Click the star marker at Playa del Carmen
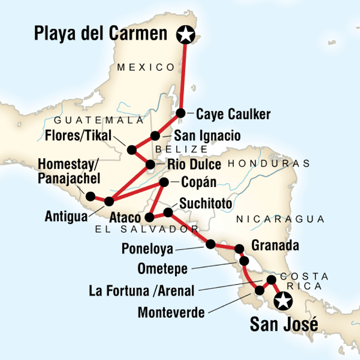(x=185, y=34)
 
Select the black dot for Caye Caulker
(x=180, y=113)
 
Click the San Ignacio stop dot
(x=155, y=136)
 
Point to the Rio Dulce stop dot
(x=150, y=165)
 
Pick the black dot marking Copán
(x=164, y=182)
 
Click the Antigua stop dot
(x=109, y=201)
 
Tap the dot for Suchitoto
(x=168, y=213)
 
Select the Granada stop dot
(x=239, y=248)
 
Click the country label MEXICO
(x=145, y=67)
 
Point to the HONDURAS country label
(x=269, y=164)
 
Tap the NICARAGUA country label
(x=280, y=219)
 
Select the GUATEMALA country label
(x=98, y=120)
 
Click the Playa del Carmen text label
(x=101, y=34)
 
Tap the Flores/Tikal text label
(x=80, y=136)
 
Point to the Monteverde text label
(x=172, y=312)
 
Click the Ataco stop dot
(x=149, y=217)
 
